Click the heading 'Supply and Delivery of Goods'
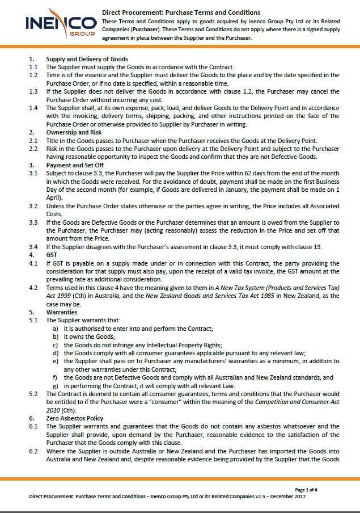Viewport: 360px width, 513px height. coord(87,59)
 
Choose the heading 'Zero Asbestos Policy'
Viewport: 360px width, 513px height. coord(75,418)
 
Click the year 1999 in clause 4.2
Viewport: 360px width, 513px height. coord(67,295)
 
